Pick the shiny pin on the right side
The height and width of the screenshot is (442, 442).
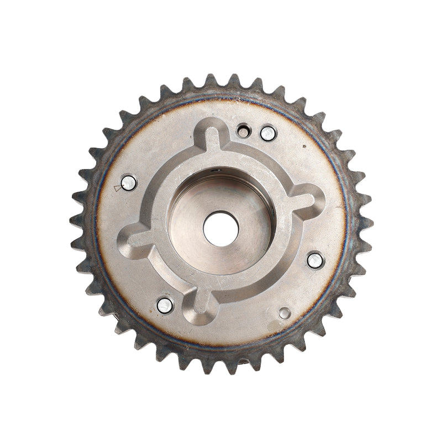tap(315, 258)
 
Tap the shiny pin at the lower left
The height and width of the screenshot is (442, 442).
tap(164, 304)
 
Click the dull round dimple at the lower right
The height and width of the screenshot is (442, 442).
tap(285, 313)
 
